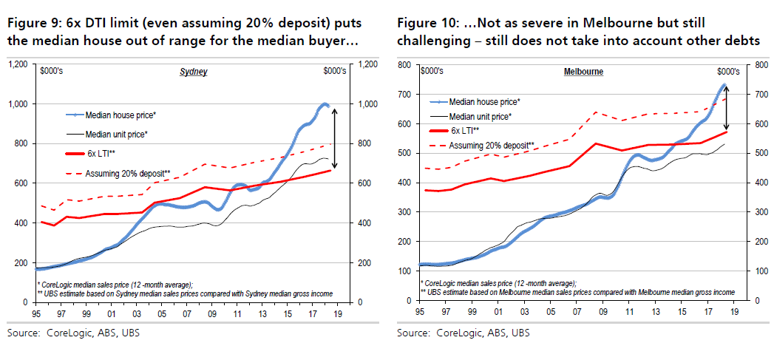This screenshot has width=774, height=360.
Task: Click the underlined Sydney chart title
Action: [194, 72]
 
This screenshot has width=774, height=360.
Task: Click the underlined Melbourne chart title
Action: [583, 72]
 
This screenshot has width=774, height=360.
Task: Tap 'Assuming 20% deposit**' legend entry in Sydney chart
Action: [128, 174]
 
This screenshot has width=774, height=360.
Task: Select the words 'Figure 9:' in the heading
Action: [31, 23]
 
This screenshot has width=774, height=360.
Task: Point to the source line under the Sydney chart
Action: [73, 333]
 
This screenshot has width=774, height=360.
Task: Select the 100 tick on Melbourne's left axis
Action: [406, 271]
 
